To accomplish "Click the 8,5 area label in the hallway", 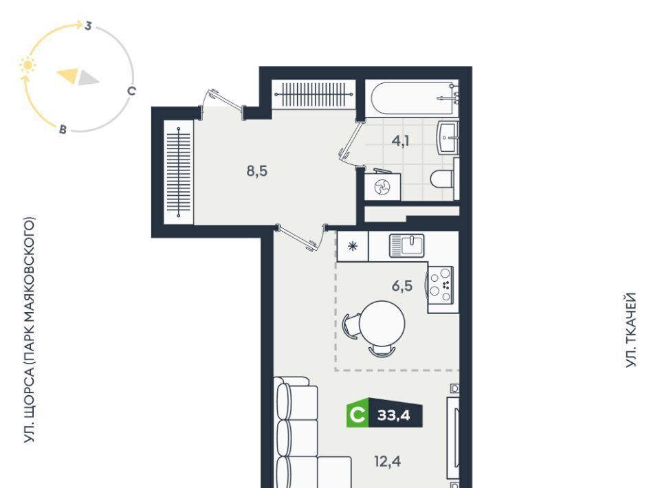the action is click(256, 172).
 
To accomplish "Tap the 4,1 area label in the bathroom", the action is click(400, 141).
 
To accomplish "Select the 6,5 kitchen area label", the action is click(402, 286).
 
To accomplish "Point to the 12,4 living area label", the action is click(387, 461).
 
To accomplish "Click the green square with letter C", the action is click(357, 415).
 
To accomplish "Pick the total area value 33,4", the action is click(393, 416).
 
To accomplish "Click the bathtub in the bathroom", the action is click(412, 98).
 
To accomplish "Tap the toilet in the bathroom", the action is click(442, 179).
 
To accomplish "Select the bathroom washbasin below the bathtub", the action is click(448, 137).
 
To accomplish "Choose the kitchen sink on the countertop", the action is click(406, 245).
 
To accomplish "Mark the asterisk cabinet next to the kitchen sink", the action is click(353, 246).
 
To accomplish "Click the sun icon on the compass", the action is click(27, 65).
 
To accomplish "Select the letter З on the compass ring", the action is click(87, 25).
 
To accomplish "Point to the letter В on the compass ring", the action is click(63, 129).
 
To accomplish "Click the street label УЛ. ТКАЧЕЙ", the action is click(630, 330).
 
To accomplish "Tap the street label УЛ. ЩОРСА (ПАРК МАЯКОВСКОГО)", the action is click(29, 330).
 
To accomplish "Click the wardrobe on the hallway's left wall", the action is click(179, 172).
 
